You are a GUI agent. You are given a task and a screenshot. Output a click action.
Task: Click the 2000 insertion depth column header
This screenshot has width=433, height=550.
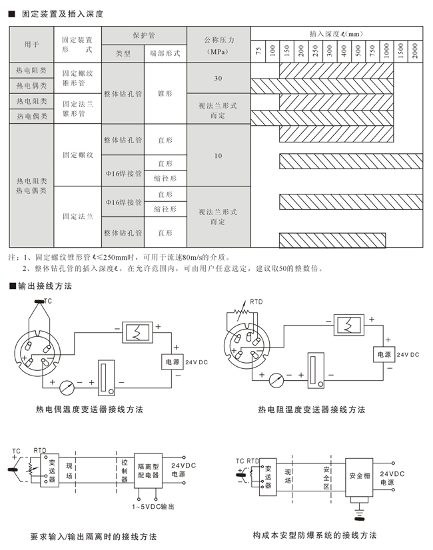[x=414, y=49]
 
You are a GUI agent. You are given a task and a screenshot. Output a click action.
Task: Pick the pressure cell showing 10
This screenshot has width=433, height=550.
[x=218, y=156]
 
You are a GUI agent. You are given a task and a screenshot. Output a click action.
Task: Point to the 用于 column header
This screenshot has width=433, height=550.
[x=31, y=45]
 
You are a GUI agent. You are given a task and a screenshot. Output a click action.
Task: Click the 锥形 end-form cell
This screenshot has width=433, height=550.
[x=165, y=94]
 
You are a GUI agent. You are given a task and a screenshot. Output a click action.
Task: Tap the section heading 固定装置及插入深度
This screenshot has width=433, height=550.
[x=59, y=13]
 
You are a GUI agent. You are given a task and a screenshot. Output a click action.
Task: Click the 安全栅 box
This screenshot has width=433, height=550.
[x=361, y=476]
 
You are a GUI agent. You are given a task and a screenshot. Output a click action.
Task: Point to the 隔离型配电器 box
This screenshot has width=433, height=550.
[x=148, y=471]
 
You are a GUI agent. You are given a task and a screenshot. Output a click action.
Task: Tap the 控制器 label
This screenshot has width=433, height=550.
[x=125, y=470]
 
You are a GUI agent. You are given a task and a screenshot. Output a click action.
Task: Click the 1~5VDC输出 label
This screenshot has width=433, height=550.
[x=153, y=507]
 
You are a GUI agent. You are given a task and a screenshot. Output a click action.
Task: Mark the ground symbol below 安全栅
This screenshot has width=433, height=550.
[x=361, y=513]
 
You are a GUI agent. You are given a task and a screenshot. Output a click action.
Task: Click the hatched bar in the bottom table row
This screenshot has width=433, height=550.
[x=332, y=239]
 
